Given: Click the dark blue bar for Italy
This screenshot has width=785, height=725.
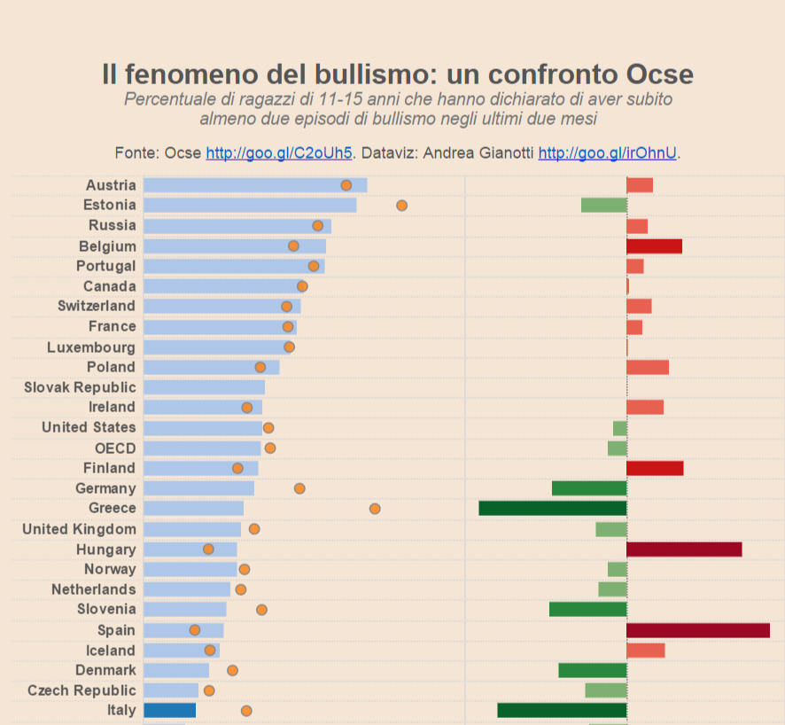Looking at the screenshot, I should (x=169, y=710).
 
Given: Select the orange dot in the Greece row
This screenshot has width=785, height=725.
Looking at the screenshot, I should (x=375, y=509).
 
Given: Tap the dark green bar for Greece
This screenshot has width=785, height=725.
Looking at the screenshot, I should (x=552, y=508).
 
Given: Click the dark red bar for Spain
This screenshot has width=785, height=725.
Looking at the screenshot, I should (x=697, y=630).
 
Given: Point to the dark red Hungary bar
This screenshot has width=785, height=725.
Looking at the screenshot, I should (x=683, y=550).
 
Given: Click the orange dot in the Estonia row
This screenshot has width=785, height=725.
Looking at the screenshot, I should (x=401, y=206).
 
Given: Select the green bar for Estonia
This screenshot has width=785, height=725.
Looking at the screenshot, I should (x=603, y=205).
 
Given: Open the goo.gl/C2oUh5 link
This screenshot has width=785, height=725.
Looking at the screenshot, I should (x=279, y=153).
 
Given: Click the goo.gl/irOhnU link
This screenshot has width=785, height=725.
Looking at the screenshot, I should (x=608, y=153).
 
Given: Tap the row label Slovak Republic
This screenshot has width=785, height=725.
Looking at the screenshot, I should (x=80, y=387).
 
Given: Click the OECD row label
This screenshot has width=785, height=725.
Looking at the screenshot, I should (x=115, y=448).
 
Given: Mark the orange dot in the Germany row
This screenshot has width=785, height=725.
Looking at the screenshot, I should (x=299, y=488).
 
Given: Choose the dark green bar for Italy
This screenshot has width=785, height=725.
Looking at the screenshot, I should (x=562, y=710).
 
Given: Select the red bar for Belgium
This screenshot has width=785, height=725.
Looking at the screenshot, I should (x=654, y=246).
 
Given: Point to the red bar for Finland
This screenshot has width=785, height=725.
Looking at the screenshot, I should (x=655, y=468).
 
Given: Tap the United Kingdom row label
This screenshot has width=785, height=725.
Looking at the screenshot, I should (x=79, y=529).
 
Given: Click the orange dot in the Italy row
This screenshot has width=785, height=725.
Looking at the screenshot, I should (x=246, y=711).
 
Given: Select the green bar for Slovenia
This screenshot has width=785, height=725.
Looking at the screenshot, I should (x=587, y=609).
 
